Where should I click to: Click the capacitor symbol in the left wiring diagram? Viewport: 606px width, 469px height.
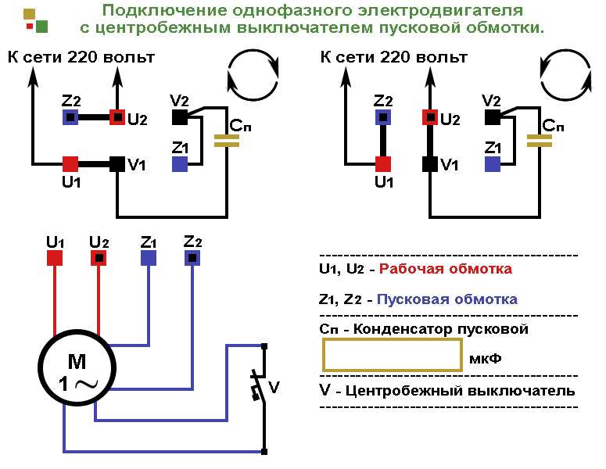(227, 141)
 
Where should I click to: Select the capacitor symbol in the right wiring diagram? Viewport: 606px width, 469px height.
(539, 141)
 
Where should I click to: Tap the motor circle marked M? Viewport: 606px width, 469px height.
(77, 367)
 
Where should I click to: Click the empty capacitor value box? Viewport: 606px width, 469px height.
(393, 355)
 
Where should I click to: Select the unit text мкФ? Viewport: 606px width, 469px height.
(485, 359)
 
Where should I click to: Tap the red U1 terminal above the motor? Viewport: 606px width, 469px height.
(55, 258)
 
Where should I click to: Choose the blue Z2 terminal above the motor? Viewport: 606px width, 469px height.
(192, 258)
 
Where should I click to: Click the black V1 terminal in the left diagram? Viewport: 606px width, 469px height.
(117, 164)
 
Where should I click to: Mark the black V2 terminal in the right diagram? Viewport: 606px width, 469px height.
(493, 116)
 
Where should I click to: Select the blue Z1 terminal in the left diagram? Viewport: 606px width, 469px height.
(180, 164)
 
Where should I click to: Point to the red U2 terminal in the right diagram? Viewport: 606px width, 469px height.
(430, 116)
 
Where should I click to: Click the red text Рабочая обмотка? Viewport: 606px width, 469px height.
(445, 269)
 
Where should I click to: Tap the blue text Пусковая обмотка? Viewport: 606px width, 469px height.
(446, 299)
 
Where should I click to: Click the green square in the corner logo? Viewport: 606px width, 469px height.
(41, 27)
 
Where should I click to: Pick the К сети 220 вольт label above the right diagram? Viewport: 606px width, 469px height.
(394, 57)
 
